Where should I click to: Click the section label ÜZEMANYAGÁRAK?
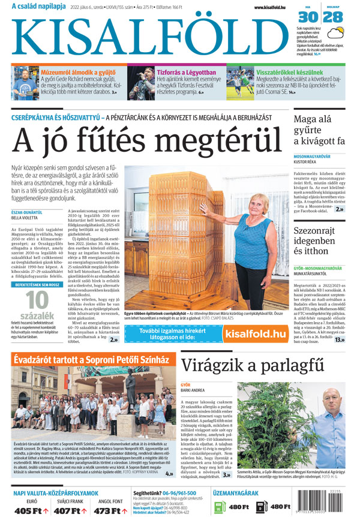pyautogui.click(x=235, y=493)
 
